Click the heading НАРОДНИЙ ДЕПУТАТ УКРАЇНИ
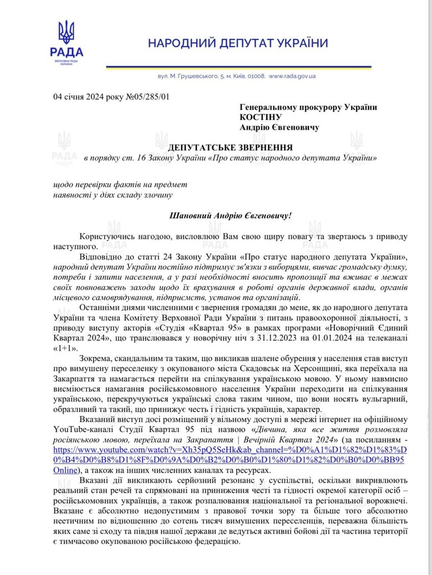pyautogui.click(x=238, y=43)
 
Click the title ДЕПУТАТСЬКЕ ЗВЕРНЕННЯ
pyautogui.click(x=230, y=147)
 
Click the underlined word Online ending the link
pyautogui.click(x=68, y=470)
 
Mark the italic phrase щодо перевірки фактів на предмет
pyautogui.click(x=120, y=184)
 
